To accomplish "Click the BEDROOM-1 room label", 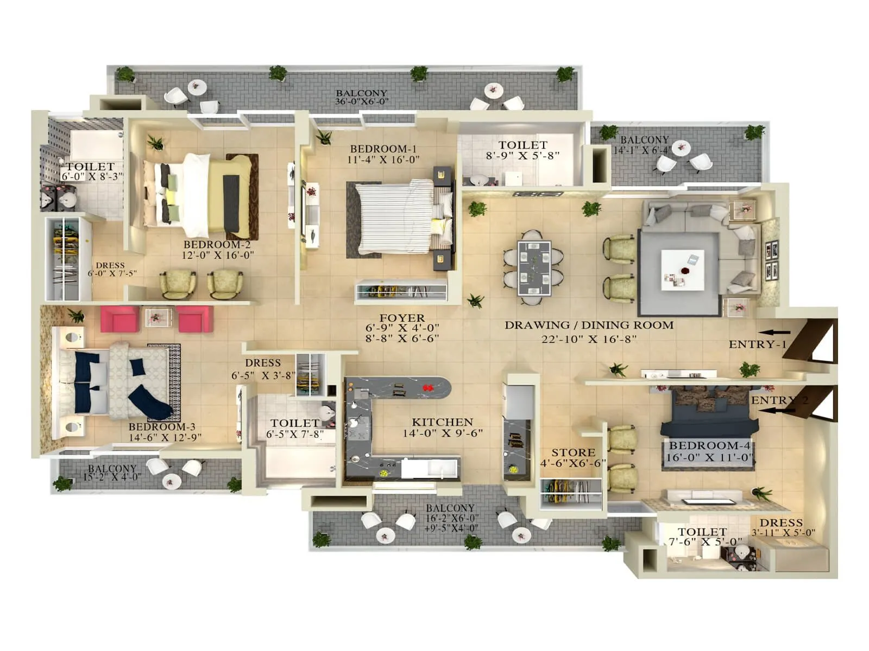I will (x=383, y=149).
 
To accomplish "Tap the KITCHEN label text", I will (x=442, y=422).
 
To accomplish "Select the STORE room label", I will (x=573, y=452).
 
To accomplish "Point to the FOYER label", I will (x=402, y=318).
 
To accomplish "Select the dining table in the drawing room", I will (x=534, y=267).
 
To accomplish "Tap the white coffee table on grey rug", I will (x=682, y=270).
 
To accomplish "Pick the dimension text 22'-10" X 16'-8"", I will (x=589, y=339).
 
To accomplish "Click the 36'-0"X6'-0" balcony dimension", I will (x=361, y=102).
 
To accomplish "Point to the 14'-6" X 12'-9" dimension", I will (x=165, y=437).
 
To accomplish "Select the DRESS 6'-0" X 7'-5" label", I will (x=111, y=270).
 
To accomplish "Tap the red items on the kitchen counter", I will (x=427, y=387).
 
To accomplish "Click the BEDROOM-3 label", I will (x=161, y=427).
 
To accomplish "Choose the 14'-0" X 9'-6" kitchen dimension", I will (x=442, y=433).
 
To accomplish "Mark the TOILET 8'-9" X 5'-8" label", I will (x=522, y=150).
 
